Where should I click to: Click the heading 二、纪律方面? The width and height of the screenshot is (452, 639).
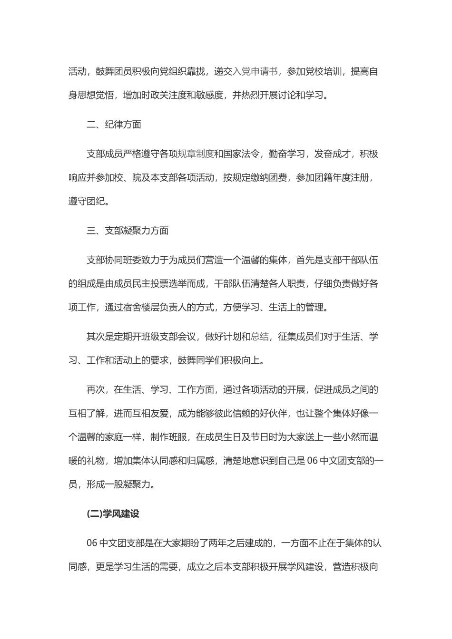point(114,125)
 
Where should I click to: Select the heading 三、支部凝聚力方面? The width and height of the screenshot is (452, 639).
point(128,231)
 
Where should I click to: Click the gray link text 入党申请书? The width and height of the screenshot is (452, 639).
point(255,71)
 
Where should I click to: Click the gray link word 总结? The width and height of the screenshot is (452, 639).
point(260,337)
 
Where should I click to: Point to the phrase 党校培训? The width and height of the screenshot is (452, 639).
point(324,71)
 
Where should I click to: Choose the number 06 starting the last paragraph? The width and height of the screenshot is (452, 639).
point(92,543)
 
